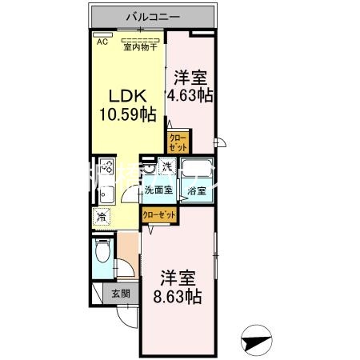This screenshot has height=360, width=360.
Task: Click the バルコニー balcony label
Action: [151, 16]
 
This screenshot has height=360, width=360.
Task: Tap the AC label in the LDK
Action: [102, 42]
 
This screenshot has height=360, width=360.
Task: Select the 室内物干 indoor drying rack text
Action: [141, 46]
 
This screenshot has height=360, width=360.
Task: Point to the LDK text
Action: [122, 94]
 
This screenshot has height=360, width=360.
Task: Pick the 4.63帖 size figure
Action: [190, 94]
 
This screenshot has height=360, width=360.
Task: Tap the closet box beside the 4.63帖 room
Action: [178, 143]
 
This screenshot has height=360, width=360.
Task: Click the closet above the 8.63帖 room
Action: [159, 214]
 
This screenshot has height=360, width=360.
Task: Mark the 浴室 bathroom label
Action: [197, 191]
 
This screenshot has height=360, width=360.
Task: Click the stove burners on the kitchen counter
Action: [106, 172]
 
